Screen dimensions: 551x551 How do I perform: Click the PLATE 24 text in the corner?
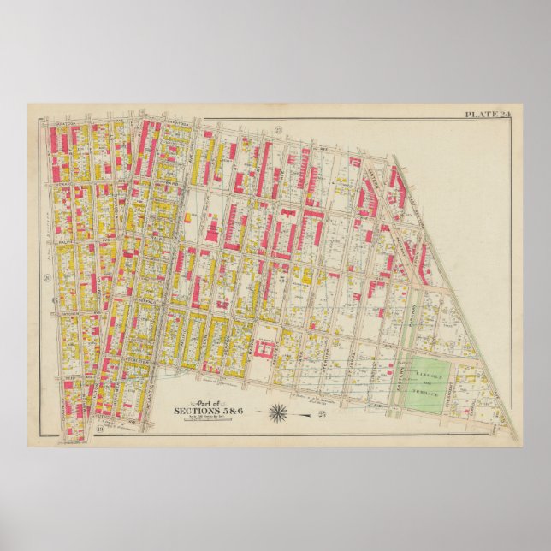(486, 114)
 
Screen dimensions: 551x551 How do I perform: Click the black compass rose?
(280, 413)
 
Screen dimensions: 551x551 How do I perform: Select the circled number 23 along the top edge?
(279, 128)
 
